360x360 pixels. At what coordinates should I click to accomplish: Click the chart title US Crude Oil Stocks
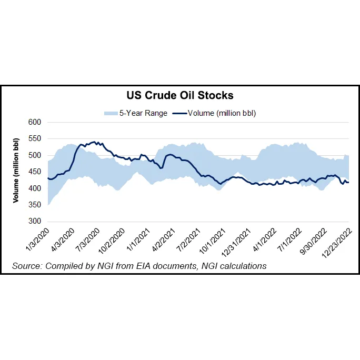click(180, 96)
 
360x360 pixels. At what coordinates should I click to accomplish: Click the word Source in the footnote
click(26, 266)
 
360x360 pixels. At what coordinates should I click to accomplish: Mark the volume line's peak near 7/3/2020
click(94, 142)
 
